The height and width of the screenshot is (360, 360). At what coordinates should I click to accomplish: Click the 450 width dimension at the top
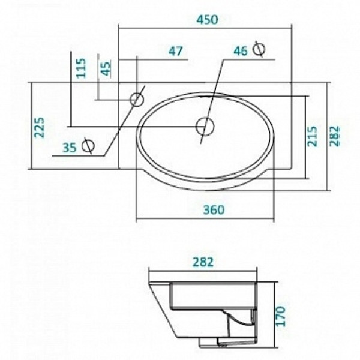[x=206, y=19]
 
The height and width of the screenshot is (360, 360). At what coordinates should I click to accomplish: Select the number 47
[x=175, y=52]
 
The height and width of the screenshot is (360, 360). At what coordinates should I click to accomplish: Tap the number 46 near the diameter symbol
[x=241, y=51]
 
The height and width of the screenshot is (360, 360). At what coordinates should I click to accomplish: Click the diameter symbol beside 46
[x=259, y=49]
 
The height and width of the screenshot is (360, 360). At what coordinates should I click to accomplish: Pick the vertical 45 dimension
[x=106, y=68]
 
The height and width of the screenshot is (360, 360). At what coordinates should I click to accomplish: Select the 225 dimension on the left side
[x=40, y=127]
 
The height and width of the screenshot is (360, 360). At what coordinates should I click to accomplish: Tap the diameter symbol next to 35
[x=88, y=145]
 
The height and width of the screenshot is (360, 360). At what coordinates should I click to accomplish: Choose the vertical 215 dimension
[x=312, y=136]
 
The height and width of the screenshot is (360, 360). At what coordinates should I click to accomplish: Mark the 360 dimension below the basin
[x=213, y=210]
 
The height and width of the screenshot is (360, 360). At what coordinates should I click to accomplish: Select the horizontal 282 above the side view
[x=203, y=263]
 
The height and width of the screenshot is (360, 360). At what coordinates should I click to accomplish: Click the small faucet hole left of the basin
[x=137, y=98]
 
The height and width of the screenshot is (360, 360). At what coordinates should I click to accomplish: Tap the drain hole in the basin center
[x=205, y=126]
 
